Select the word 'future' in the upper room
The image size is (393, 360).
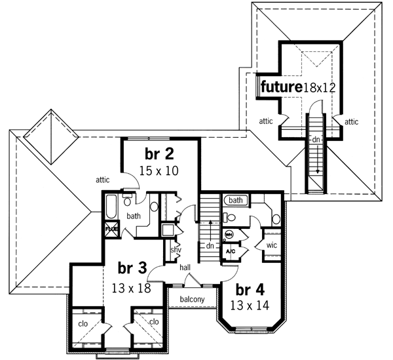pos(281,87)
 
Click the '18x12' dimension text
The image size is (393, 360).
pos(320,87)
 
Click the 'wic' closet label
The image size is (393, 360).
pos(271,245)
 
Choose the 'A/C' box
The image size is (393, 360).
pos(230,251)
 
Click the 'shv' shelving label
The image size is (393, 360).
pos(176,249)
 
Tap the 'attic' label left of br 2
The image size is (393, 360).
pos(102,178)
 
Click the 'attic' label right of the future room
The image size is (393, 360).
pos(351,121)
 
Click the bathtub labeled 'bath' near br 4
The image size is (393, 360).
pos(236,200)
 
